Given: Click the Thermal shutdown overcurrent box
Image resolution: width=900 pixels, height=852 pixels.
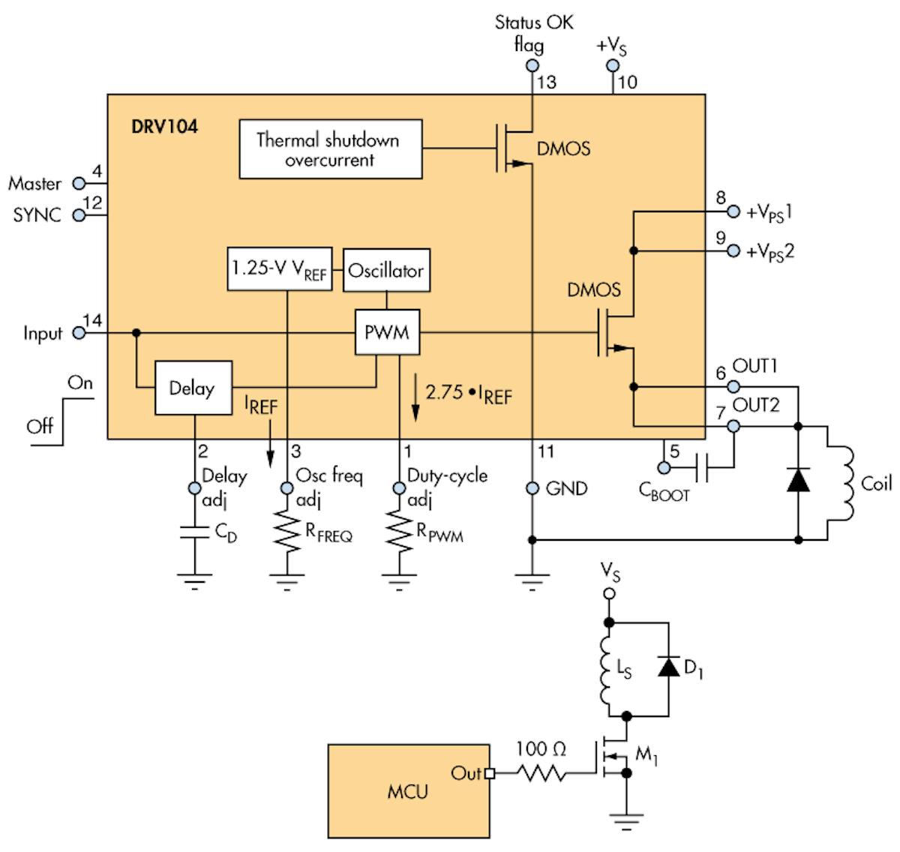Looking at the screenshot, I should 330,150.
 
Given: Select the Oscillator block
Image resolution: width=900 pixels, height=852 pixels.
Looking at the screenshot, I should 386,270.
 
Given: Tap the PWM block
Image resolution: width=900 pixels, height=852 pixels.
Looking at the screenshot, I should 387,331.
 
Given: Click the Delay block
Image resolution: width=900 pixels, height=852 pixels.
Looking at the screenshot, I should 193,388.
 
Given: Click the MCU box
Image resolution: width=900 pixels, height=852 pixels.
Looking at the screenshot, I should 408,790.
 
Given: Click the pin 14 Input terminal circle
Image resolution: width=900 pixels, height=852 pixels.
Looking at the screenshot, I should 78,332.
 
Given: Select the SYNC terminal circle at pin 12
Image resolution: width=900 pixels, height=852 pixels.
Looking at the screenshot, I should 78,216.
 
